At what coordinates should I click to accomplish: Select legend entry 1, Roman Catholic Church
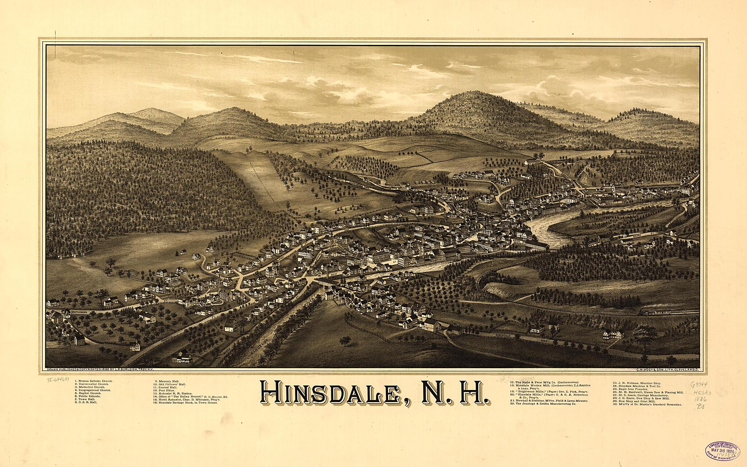(x=94, y=381)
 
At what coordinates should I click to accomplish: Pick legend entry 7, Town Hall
(x=85, y=399)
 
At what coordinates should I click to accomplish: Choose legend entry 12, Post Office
(x=164, y=390)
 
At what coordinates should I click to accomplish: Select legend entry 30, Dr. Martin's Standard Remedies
(x=647, y=405)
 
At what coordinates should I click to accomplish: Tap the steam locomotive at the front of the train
(x=646, y=312)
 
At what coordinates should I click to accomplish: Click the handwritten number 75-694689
(x=60, y=380)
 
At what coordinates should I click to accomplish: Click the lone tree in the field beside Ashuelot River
(x=344, y=342)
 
